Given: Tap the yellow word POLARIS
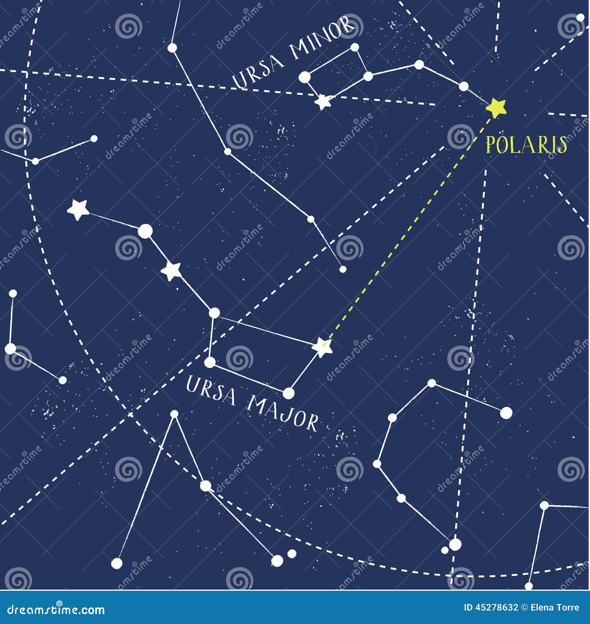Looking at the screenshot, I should (526, 145).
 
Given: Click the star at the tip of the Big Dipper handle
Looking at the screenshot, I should (78, 209).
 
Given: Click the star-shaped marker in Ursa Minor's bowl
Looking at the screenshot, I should (323, 102).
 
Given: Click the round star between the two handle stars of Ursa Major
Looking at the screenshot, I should (145, 231).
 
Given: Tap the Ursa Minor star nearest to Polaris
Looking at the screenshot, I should (464, 86).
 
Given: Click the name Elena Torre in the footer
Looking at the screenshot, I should (559, 607).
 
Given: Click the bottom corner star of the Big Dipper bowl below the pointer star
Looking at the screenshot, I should (289, 393).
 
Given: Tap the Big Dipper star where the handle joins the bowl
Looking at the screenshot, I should (214, 313).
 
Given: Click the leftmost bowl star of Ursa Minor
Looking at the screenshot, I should (305, 77).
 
